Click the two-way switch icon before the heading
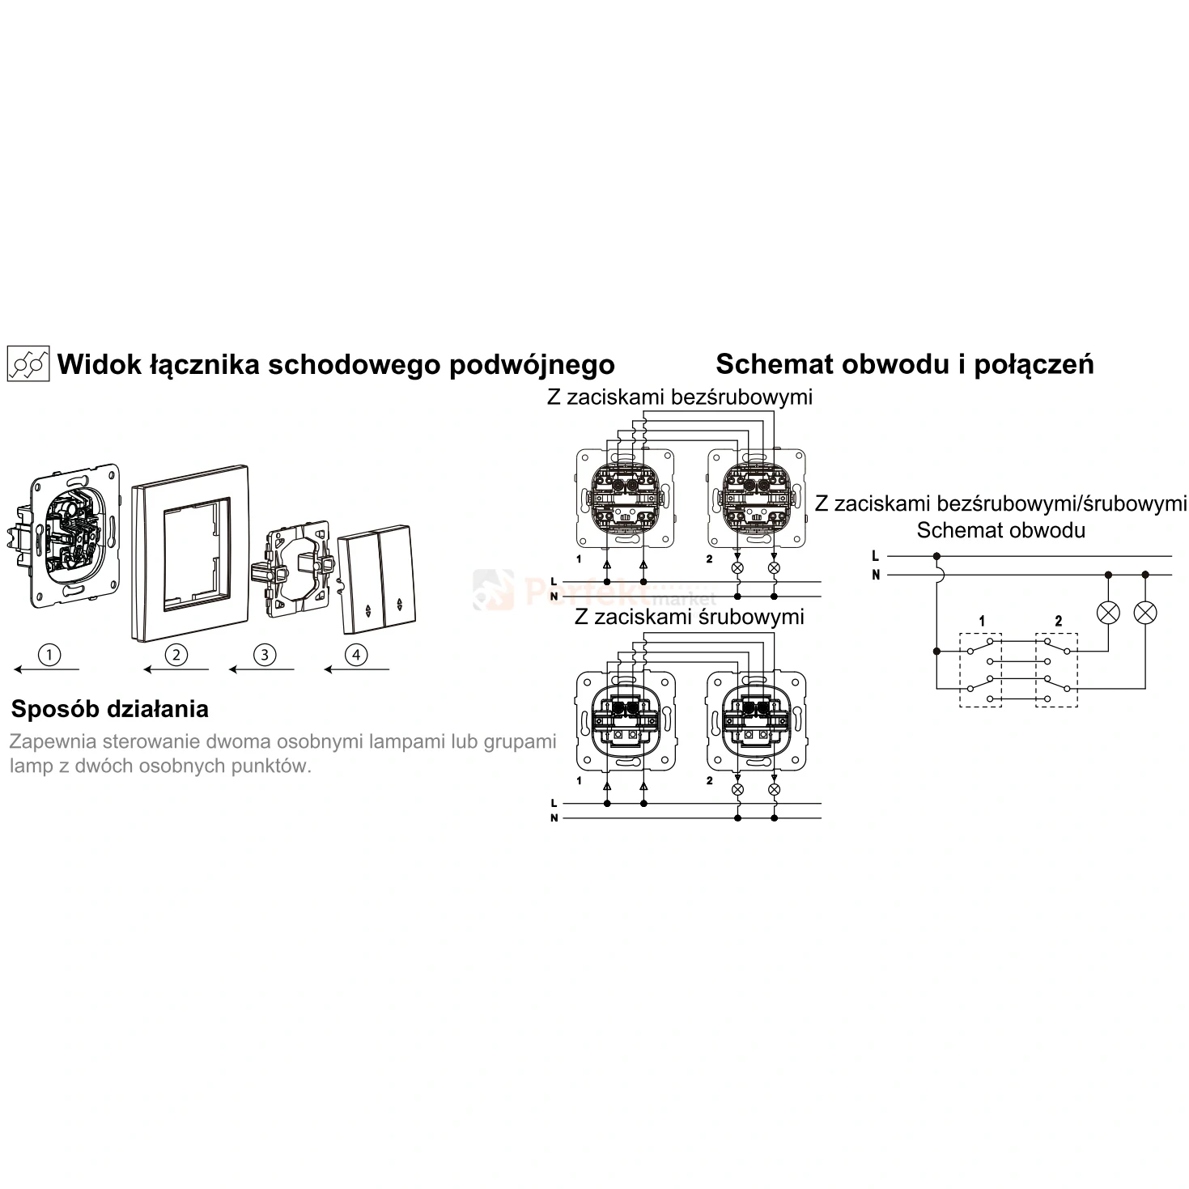click(x=28, y=363)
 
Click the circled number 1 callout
click(x=49, y=654)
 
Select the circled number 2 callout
click(x=176, y=654)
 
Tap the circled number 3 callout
click(x=265, y=654)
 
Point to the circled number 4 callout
click(x=356, y=654)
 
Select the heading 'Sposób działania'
click(x=110, y=710)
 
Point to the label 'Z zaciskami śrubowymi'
click(x=690, y=617)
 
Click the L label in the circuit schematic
click(x=875, y=556)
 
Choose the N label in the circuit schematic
click(x=876, y=575)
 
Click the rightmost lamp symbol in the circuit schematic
click(x=1145, y=613)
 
